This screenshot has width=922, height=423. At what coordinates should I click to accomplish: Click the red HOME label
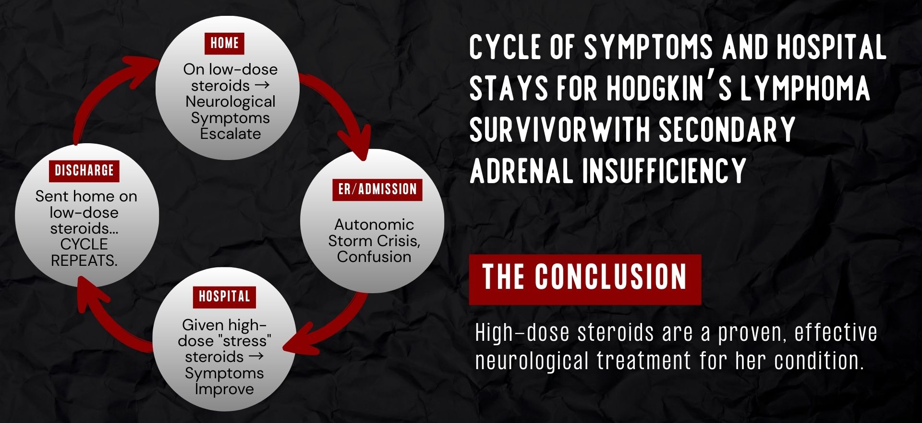[224, 43]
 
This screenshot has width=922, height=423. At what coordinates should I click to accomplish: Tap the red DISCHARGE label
[84, 171]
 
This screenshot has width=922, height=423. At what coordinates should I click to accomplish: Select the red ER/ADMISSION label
[377, 189]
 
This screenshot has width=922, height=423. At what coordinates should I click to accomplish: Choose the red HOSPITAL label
[224, 297]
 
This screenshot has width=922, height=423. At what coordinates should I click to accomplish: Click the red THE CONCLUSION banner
[585, 279]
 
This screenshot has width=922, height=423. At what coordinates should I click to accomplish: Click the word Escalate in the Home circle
[230, 134]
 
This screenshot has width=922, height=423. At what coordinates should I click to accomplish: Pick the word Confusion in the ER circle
[374, 257]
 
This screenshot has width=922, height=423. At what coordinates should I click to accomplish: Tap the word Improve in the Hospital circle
[224, 389]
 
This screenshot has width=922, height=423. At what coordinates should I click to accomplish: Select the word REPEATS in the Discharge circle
[84, 261]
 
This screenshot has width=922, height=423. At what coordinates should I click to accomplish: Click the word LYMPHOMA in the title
[805, 88]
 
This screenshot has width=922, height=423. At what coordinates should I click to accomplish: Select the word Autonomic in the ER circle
[374, 224]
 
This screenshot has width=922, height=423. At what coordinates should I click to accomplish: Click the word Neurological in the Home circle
[230, 102]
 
